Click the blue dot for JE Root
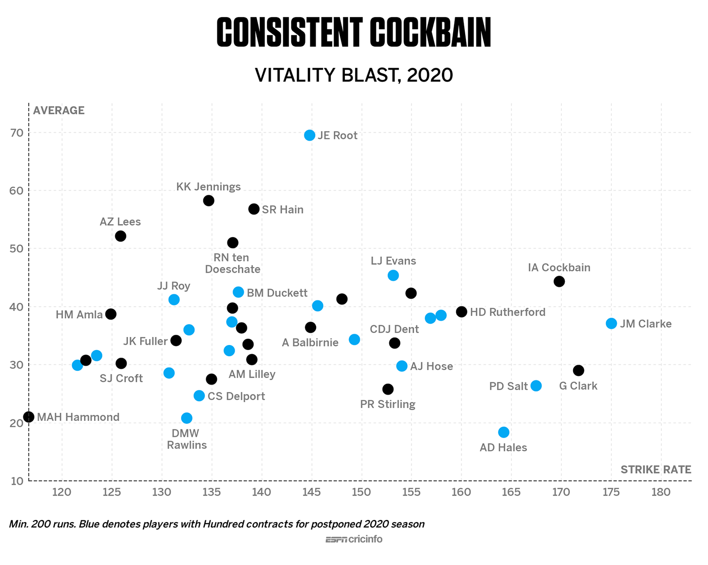(309, 136)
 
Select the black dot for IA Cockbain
(559, 281)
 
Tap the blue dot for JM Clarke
(611, 323)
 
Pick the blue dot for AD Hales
(504, 432)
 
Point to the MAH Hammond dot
(29, 417)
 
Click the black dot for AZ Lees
(120, 236)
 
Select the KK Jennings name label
(208, 187)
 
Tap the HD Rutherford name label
(508, 312)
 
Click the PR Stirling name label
(387, 404)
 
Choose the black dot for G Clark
(579, 370)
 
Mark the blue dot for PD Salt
(536, 386)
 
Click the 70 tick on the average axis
(17, 133)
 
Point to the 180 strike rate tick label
(661, 492)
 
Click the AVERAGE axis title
(59, 110)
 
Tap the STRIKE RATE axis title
(655, 469)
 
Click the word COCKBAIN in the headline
(430, 33)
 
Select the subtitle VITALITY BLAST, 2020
(353, 75)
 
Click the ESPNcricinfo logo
(353, 539)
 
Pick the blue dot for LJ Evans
(393, 275)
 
